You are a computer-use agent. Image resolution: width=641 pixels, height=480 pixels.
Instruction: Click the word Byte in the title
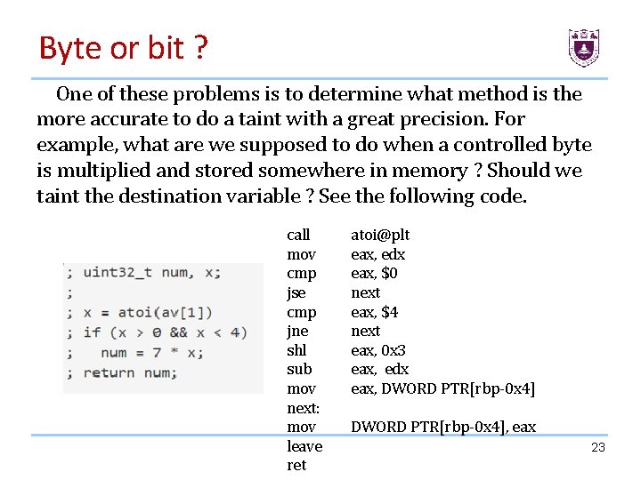(x=69, y=48)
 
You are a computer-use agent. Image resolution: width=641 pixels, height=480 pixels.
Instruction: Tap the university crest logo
(x=583, y=47)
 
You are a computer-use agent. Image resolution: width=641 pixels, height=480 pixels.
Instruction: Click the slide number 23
(x=598, y=447)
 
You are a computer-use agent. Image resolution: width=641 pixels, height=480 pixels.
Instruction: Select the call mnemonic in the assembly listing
(x=298, y=235)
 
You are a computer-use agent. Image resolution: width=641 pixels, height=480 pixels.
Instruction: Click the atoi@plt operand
(x=380, y=235)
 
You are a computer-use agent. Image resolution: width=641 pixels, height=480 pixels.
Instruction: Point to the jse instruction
(x=296, y=292)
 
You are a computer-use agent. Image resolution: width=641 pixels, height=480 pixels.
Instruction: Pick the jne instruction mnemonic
(x=297, y=331)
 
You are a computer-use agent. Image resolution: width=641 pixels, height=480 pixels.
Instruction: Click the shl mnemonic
(x=296, y=350)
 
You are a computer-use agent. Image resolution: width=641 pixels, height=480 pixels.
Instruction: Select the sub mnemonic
(x=298, y=369)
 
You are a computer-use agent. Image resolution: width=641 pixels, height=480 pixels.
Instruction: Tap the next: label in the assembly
(x=304, y=408)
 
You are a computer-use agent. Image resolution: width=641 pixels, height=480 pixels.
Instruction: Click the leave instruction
(x=304, y=446)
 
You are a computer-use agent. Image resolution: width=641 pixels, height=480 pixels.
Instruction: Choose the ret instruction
(x=296, y=465)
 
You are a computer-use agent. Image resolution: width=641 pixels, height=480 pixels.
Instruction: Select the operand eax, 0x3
(x=377, y=350)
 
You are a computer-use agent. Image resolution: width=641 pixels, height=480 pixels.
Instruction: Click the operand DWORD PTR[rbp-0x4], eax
(x=443, y=427)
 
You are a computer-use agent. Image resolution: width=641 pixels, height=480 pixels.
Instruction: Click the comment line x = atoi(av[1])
(x=148, y=312)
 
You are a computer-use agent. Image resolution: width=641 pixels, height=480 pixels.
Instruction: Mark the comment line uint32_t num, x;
(x=152, y=272)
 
